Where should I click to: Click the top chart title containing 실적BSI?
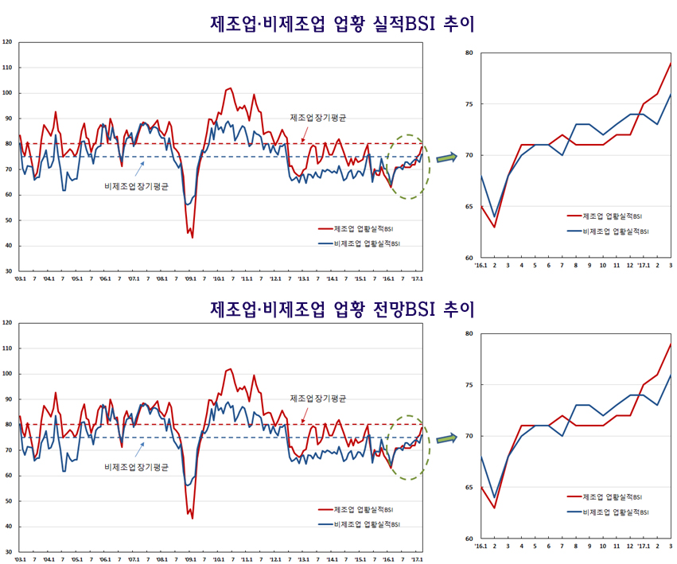click(342, 23)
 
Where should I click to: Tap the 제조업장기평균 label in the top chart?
click(318, 118)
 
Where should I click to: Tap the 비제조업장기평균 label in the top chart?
click(136, 186)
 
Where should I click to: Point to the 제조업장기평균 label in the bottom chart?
click(318, 399)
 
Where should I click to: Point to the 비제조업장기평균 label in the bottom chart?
click(136, 467)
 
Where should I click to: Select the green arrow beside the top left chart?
click(447, 157)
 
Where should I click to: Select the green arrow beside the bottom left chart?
click(447, 438)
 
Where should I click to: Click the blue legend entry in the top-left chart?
click(357, 243)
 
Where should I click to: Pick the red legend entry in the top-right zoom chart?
click(609, 216)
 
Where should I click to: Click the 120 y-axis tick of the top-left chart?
click(7, 42)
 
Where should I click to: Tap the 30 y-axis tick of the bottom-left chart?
click(8, 551)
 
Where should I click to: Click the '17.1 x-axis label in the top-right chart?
click(644, 266)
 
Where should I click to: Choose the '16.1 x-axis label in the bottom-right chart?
click(480, 546)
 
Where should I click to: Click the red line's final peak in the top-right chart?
click(671, 64)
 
